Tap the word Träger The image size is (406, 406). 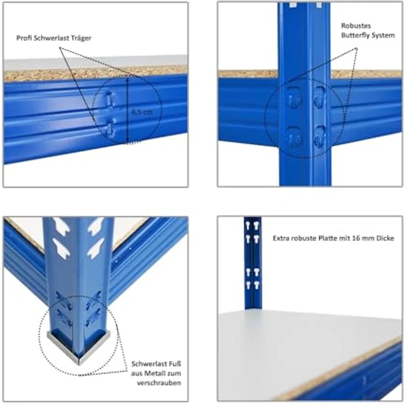(82, 38)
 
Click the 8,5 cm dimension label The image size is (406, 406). (142, 112)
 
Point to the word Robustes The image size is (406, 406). (356, 25)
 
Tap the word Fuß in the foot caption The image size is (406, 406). (175, 364)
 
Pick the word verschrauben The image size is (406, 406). (159, 383)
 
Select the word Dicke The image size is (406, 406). (385, 238)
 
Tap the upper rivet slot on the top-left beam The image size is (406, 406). (110, 99)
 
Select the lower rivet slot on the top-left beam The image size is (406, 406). (111, 126)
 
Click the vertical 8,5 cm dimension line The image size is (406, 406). (127, 110)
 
